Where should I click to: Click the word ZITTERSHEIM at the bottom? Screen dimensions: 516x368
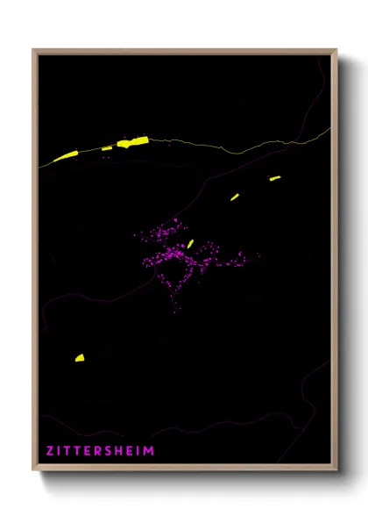click(x=101, y=451)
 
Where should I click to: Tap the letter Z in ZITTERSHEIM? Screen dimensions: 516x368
click(x=50, y=451)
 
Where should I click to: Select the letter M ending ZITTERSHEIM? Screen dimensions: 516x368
click(x=150, y=451)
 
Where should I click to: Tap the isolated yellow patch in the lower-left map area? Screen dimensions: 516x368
click(x=79, y=358)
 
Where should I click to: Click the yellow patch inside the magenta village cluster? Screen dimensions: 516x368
click(x=190, y=244)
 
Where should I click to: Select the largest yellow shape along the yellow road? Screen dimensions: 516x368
click(x=133, y=141)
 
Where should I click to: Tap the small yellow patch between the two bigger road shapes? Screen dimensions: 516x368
click(x=107, y=149)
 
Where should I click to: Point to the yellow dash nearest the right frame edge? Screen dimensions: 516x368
click(x=274, y=178)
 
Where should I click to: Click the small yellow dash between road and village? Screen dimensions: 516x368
click(x=235, y=197)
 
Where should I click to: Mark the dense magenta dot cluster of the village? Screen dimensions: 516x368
click(x=175, y=256)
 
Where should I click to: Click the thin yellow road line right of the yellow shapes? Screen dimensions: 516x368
click(x=228, y=149)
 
